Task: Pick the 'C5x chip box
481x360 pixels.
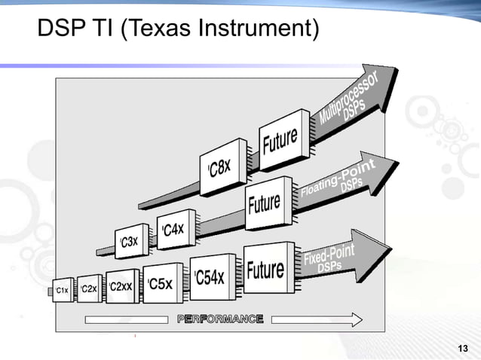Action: pyautogui.click(x=161, y=283)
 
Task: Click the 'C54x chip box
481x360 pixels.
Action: pyautogui.click(x=210, y=276)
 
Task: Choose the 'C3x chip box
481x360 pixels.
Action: pyautogui.click(x=130, y=241)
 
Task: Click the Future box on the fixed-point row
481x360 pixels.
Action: pyautogui.click(x=265, y=268)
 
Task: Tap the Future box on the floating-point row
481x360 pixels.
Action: pyautogui.click(x=265, y=202)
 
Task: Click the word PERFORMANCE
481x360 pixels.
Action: pyautogui.click(x=220, y=319)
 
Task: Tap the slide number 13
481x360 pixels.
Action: pyautogui.click(x=463, y=348)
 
